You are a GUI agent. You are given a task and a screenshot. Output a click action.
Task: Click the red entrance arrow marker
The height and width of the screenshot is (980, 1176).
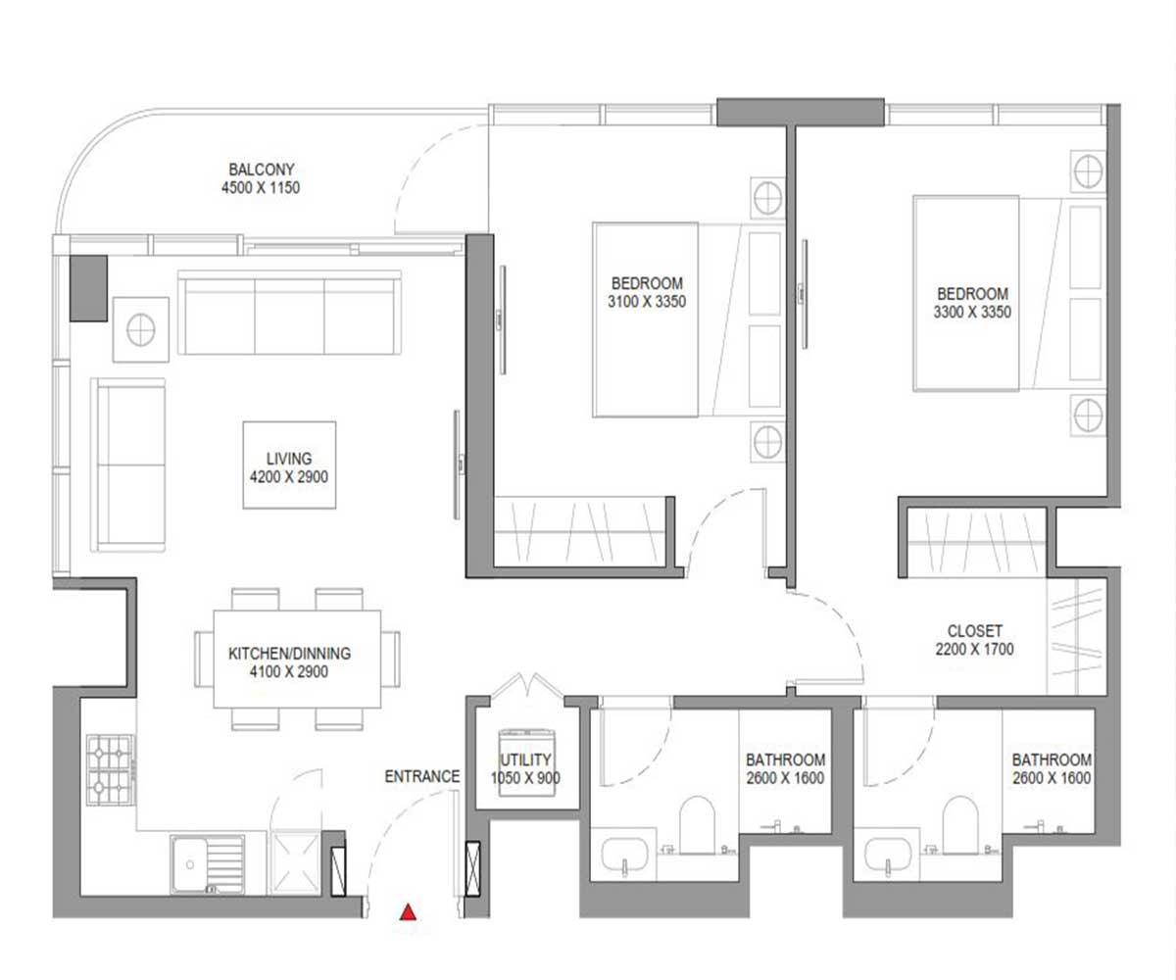[408, 911]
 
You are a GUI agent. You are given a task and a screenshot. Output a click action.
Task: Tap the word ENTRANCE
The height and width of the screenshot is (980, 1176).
[421, 777]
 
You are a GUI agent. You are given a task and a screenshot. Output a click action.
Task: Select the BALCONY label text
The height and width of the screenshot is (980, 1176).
[262, 170]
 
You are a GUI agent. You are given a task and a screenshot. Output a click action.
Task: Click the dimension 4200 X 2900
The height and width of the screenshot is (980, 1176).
[289, 477]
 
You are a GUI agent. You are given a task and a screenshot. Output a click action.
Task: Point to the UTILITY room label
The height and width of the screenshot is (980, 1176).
[525, 759]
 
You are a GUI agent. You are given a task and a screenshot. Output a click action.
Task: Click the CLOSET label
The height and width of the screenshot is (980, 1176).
[975, 631]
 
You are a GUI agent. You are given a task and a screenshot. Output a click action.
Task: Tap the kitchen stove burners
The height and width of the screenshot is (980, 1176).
[111, 770]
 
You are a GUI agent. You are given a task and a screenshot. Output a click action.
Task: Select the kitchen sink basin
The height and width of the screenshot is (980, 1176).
[190, 864]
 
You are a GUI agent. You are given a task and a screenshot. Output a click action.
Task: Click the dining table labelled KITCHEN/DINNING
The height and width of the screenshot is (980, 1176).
[297, 659]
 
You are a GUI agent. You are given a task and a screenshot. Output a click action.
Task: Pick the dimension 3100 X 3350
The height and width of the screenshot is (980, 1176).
[647, 302]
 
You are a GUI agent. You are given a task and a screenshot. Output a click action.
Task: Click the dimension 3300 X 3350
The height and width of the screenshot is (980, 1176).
[973, 312]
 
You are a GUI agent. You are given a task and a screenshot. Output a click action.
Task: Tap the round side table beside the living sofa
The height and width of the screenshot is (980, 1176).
[141, 329]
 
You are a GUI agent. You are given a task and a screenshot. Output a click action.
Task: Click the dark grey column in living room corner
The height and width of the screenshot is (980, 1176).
[88, 288]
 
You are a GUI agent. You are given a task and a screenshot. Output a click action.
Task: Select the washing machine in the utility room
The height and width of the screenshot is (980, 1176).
[527, 763]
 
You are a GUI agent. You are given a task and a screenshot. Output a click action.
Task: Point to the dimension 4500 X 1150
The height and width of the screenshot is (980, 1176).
[261, 187]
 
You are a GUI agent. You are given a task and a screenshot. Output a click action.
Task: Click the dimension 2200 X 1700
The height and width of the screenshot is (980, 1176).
[975, 650]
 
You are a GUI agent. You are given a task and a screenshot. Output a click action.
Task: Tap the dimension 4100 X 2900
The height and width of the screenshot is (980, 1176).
[289, 671]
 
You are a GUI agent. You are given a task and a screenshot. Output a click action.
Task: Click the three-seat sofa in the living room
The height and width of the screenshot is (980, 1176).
[289, 313]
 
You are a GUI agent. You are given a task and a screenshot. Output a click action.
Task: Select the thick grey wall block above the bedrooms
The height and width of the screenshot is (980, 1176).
[801, 112]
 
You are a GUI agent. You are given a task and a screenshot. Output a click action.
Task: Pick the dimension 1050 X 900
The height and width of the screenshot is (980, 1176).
[525, 778]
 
